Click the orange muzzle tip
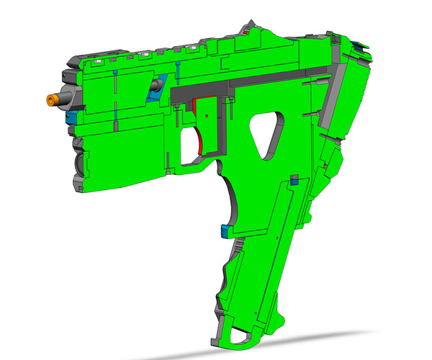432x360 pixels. tap(52, 98)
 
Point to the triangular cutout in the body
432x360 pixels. tap(264, 135)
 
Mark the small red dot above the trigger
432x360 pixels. tap(207, 114)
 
